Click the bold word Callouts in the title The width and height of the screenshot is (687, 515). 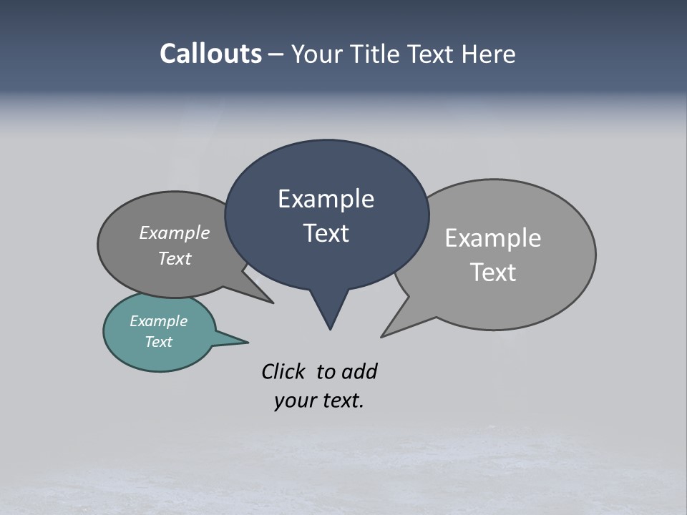coord(211,54)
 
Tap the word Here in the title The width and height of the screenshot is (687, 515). coord(489,54)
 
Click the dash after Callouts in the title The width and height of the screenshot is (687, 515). coord(276,54)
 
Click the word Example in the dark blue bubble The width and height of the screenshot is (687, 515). coord(326,199)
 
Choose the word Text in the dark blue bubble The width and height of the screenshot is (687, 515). coord(326,233)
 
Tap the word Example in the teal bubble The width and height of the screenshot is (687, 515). coord(158,321)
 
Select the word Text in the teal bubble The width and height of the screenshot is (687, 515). coord(158,342)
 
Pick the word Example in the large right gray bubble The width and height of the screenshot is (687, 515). coord(493,238)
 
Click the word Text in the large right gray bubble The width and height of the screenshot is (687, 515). coord(493,273)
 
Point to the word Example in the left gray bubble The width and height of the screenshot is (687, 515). coord(175,233)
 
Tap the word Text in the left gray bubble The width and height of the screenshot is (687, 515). coord(175,258)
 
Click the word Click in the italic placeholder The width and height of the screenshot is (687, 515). coord(283,371)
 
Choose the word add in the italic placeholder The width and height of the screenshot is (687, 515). coord(359,371)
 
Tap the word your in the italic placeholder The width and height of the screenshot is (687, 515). coord(294,401)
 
